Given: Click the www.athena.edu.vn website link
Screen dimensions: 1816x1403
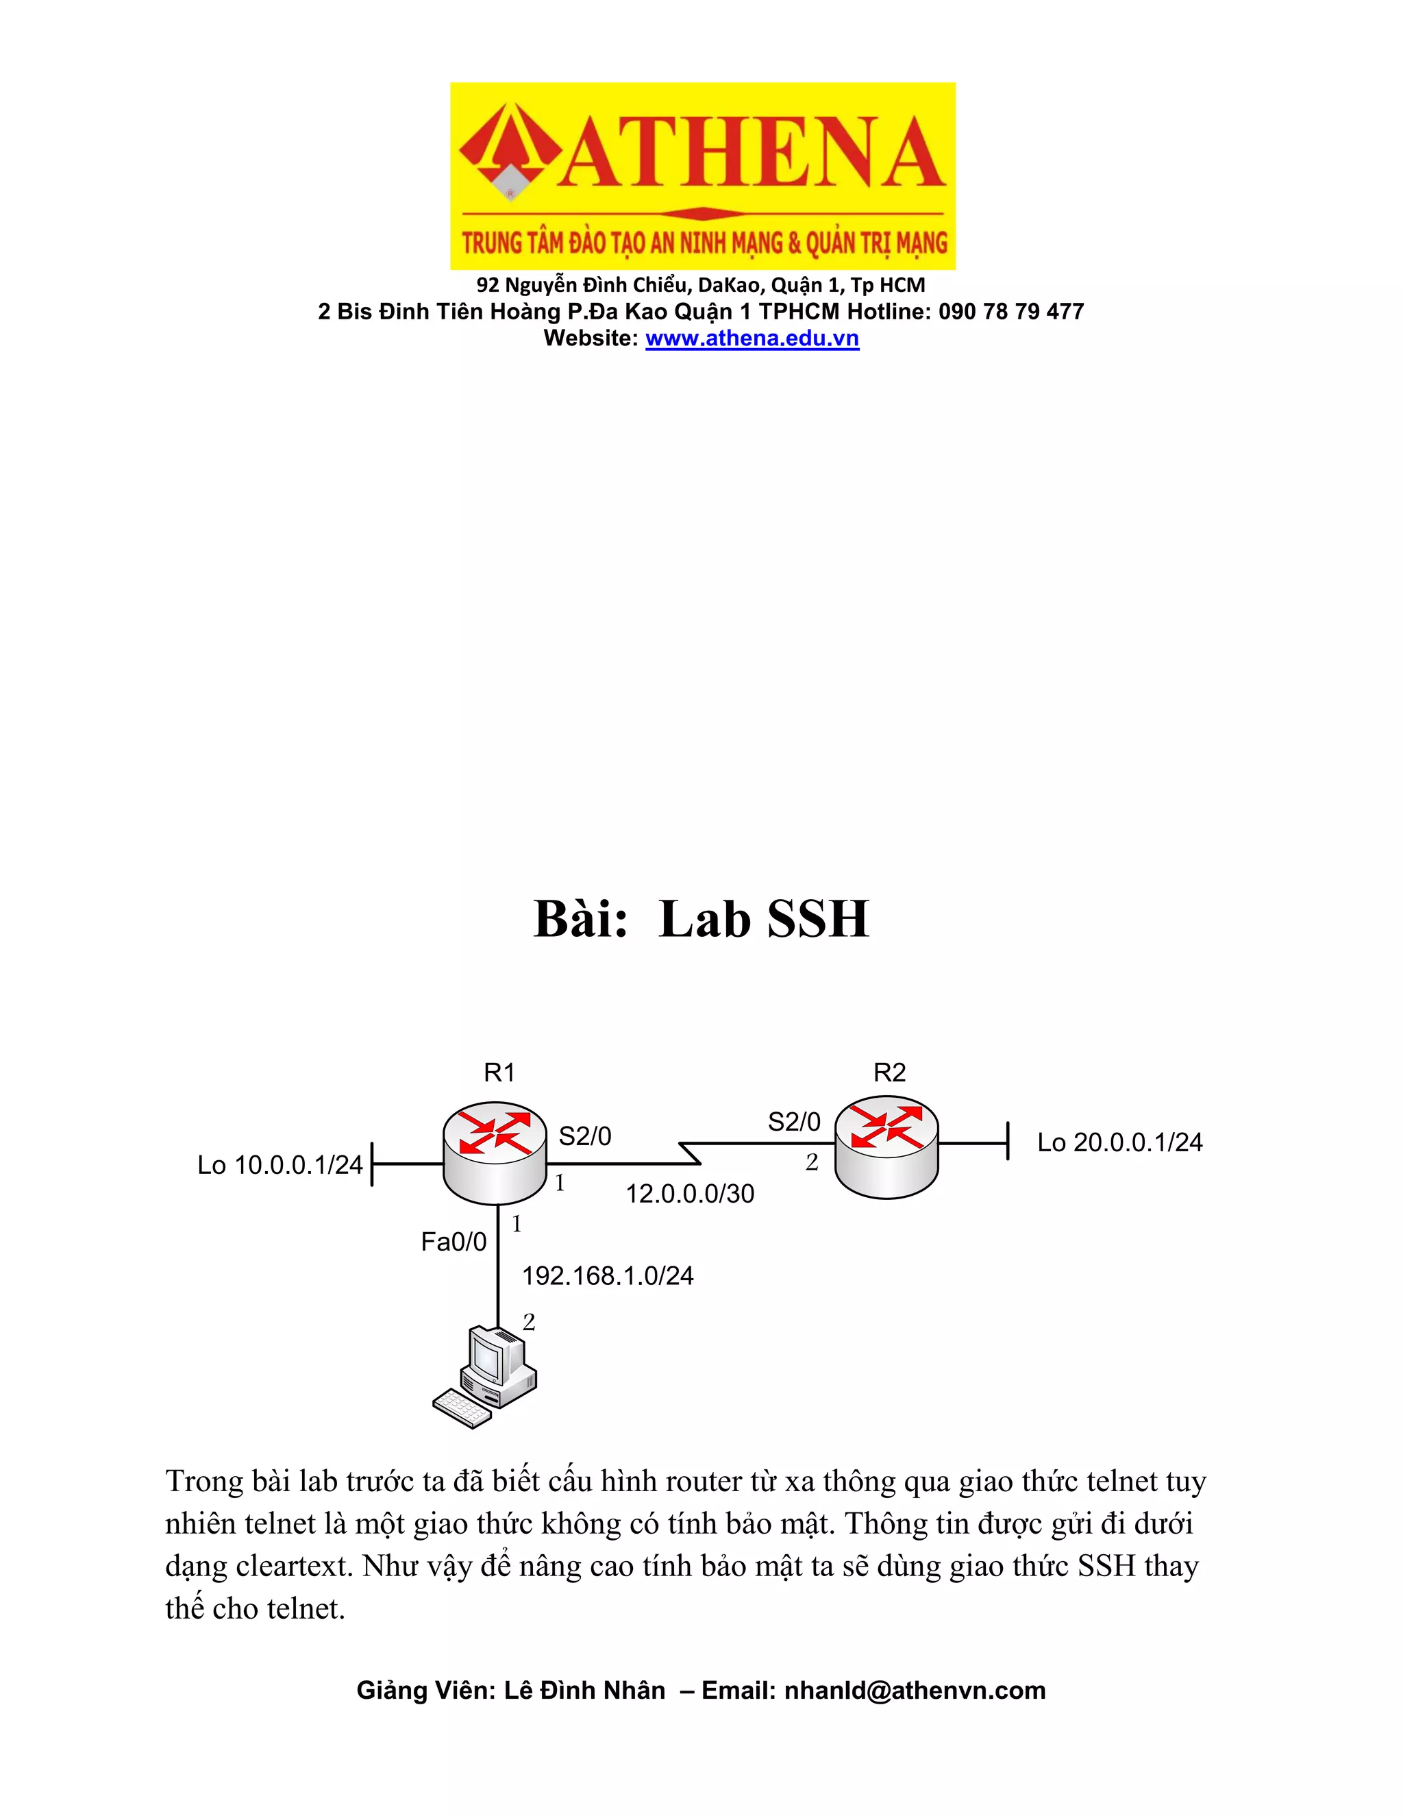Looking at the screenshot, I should click(x=752, y=339).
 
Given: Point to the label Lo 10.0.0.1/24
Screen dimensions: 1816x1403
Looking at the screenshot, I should click(x=280, y=1165).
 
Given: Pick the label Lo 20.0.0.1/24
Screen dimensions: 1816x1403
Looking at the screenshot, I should click(x=1119, y=1142).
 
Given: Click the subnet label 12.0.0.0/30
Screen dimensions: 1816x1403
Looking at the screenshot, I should click(x=690, y=1194).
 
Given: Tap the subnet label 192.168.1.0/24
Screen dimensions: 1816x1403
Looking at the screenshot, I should click(x=608, y=1275).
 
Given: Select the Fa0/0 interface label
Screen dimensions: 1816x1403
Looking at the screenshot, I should click(x=454, y=1242).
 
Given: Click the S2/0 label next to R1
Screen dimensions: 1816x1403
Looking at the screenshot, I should click(x=584, y=1136).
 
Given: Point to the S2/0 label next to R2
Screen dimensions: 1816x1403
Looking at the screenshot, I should click(x=794, y=1122).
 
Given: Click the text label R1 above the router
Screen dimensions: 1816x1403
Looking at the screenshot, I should click(x=499, y=1072).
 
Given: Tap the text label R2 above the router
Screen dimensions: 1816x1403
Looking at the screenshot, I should click(x=889, y=1072).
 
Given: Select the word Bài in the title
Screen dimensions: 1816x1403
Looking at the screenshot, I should click(x=580, y=919).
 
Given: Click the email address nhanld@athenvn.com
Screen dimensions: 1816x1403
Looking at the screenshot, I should click(x=915, y=1691).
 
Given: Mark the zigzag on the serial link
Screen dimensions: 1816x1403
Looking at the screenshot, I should click(x=691, y=1153).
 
